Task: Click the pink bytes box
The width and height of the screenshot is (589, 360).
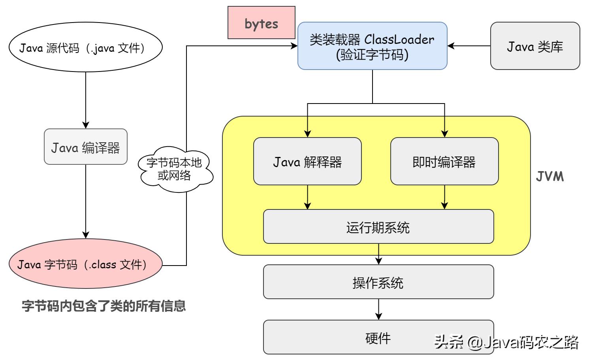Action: pos(261,23)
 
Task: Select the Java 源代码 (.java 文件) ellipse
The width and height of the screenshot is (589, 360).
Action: pos(85,47)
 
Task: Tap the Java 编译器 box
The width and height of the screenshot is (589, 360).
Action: pos(85,147)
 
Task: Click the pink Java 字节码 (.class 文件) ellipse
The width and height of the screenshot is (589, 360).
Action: pos(85,264)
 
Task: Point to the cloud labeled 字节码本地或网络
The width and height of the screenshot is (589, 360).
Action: pos(175,169)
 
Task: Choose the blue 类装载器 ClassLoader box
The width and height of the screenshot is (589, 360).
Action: pos(372,46)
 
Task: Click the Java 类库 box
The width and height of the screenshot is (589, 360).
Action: pos(534,46)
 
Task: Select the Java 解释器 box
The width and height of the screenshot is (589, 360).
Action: pos(307,161)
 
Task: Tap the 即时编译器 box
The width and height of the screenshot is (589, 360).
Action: pos(444,161)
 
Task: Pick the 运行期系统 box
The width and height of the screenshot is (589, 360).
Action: pos(378,227)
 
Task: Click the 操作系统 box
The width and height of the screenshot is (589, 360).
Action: pos(378,282)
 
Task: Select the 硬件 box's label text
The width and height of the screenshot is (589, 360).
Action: pos(378,338)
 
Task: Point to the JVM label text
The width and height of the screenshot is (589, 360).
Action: pos(549,176)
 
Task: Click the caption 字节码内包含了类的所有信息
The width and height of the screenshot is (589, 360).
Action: pos(103,306)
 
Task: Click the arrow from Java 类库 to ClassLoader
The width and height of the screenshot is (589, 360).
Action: pos(469,46)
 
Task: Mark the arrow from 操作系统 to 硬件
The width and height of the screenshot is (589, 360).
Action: pos(378,309)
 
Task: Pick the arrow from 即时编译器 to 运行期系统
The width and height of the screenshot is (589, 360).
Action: pos(444,197)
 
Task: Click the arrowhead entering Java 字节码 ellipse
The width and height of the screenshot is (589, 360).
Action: pos(86,235)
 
